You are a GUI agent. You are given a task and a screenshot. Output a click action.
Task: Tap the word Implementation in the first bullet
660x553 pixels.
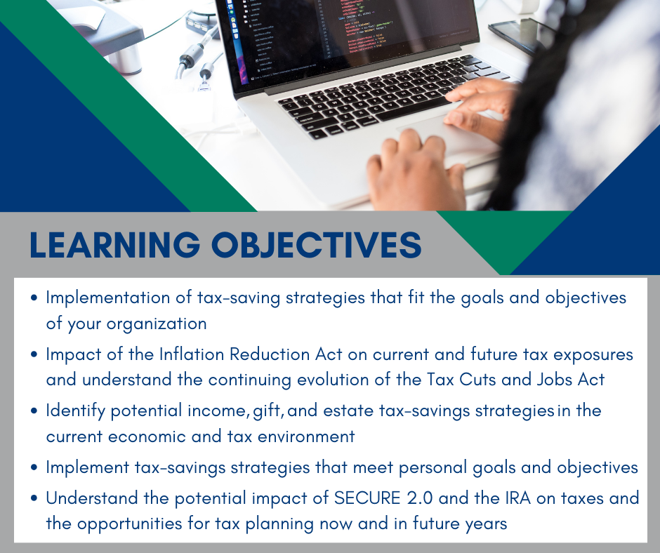tap(107, 298)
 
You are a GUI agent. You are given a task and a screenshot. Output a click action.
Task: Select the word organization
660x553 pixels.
tap(157, 324)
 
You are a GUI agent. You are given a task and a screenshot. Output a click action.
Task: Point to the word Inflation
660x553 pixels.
tap(191, 354)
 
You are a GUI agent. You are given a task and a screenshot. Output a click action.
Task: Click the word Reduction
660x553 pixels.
tap(270, 354)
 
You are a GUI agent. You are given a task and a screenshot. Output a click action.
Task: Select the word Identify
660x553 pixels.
tap(75, 411)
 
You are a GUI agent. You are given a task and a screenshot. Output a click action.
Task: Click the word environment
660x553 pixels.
tap(306, 437)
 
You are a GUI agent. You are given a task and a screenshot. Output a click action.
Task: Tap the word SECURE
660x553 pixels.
tap(367, 498)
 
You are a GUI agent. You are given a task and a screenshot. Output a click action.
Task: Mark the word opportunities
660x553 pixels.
tap(130, 524)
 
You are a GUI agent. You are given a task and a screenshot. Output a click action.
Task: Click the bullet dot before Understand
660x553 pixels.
tap(34, 498)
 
